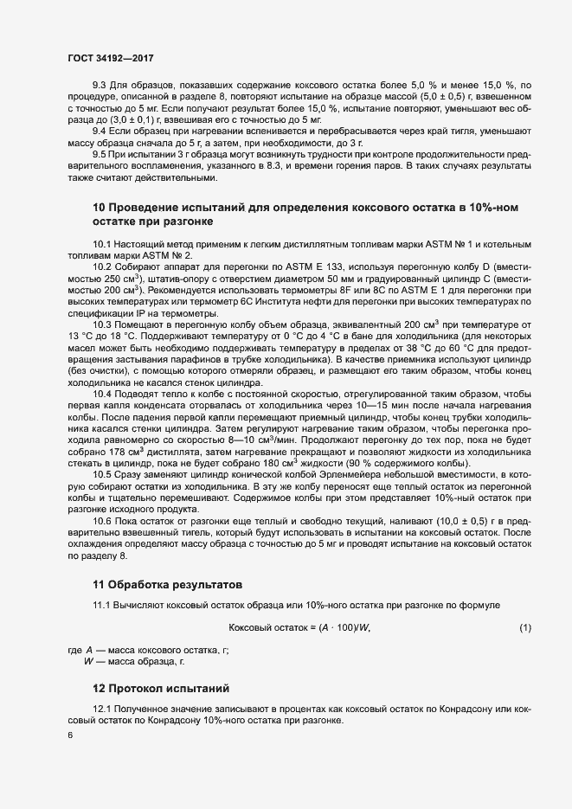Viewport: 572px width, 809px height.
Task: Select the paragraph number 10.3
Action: pos(102,323)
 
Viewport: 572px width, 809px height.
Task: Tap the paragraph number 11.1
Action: pos(102,604)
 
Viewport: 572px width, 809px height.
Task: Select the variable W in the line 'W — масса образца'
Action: pos(87,661)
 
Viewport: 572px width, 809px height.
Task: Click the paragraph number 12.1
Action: pos(102,709)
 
